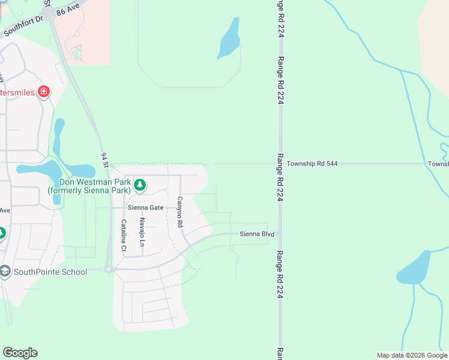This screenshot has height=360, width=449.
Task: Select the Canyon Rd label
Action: click(x=179, y=212)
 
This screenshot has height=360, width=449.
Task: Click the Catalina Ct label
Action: click(x=124, y=235)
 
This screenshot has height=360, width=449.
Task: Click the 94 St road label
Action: click(x=106, y=160)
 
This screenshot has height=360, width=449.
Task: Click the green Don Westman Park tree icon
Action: click(x=140, y=185)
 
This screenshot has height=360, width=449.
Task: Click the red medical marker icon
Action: click(x=44, y=92)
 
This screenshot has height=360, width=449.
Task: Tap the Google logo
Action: click(x=20, y=353)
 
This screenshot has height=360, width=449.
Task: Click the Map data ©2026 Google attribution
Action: click(x=411, y=355)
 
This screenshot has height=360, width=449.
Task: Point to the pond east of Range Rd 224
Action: click(x=414, y=268)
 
